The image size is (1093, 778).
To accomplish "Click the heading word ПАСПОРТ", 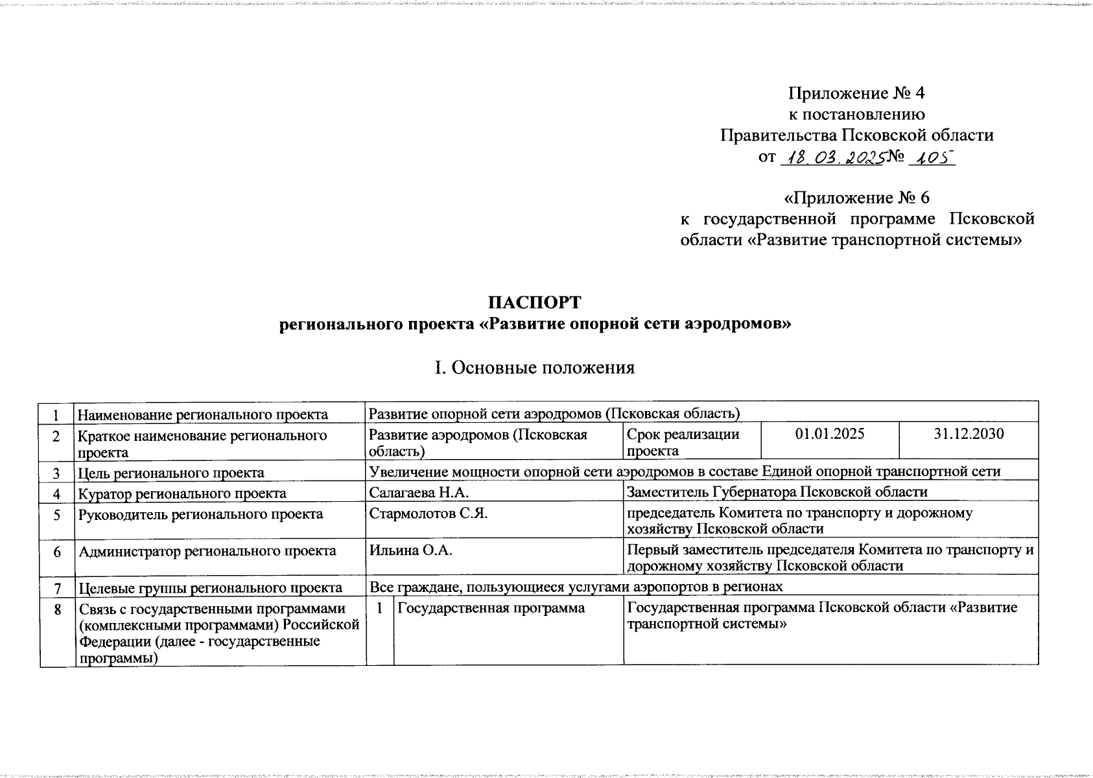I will pos(535,303).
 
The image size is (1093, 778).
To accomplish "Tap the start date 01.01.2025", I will pos(829,434).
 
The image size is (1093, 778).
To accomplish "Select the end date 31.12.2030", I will pos(969,434).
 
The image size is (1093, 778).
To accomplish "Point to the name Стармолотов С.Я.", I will pos(428,513).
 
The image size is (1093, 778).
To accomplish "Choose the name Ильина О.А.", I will pos(410,550).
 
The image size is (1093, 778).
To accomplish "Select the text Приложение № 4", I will pos(856,93).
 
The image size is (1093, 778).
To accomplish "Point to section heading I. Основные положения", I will pos(535,368).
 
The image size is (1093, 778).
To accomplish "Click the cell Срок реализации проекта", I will pos(683,442).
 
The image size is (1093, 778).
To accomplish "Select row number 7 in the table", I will pos(57,588).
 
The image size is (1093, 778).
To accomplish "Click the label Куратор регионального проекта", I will pos(182,493).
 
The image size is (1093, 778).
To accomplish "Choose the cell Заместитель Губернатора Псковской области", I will pos(777,492).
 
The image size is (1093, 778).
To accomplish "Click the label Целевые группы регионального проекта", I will pos(210,588).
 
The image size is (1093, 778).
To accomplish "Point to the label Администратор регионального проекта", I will pos(207,551).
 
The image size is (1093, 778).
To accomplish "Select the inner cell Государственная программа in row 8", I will pos(491,608).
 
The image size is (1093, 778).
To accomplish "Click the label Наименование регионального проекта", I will pos(202,414).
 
